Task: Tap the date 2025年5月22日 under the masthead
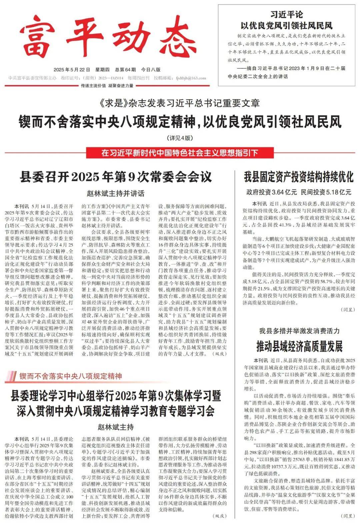click(72, 70)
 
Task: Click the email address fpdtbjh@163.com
click(191, 78)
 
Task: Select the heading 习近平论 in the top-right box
click(287, 15)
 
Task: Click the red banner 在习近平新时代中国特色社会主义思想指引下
click(180, 153)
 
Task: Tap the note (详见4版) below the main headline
click(180, 138)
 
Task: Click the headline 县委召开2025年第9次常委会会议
click(116, 176)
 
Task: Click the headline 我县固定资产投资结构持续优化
click(298, 177)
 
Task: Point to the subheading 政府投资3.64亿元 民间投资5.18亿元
click(298, 192)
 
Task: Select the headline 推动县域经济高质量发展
click(299, 346)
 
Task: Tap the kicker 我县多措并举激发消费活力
click(299, 331)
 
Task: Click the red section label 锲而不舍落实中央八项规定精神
click(70, 376)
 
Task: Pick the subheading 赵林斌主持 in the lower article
click(116, 427)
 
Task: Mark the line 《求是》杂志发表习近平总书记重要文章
click(180, 103)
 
